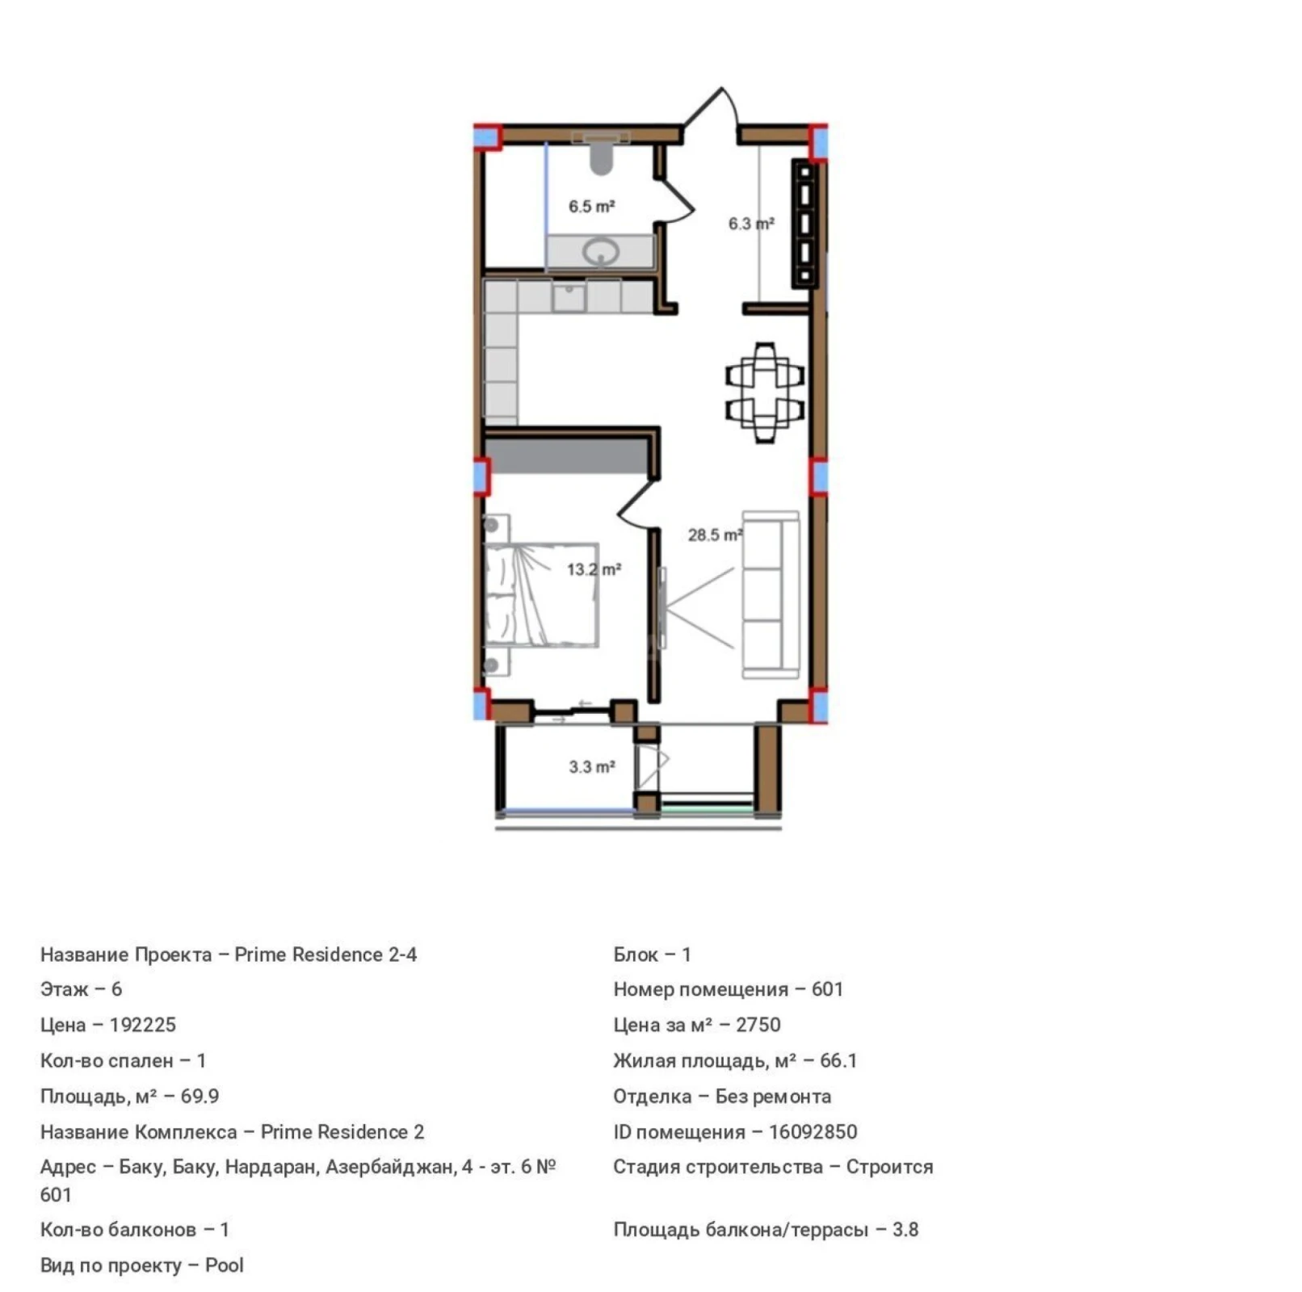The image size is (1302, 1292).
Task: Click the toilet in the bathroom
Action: tap(601, 154)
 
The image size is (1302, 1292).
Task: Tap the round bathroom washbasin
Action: tap(601, 251)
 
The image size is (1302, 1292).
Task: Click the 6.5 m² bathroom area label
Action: tap(591, 207)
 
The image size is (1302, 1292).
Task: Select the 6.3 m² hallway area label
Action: tap(751, 224)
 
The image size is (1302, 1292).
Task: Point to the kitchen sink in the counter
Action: tap(569, 296)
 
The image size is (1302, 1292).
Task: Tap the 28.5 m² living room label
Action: tap(715, 535)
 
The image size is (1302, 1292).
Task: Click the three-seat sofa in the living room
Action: tap(770, 594)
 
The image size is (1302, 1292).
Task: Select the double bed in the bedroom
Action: tap(541, 595)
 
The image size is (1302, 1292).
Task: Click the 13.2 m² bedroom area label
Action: tap(594, 569)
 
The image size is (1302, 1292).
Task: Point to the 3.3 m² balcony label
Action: tap(592, 766)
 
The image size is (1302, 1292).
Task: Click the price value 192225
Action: tap(142, 1025)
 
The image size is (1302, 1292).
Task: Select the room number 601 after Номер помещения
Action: tap(827, 989)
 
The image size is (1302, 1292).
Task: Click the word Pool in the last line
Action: tap(224, 1265)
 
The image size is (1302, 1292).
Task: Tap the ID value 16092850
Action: tap(813, 1131)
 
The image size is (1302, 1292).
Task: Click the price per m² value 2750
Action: tap(758, 1025)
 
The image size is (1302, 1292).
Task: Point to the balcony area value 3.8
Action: tap(905, 1230)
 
